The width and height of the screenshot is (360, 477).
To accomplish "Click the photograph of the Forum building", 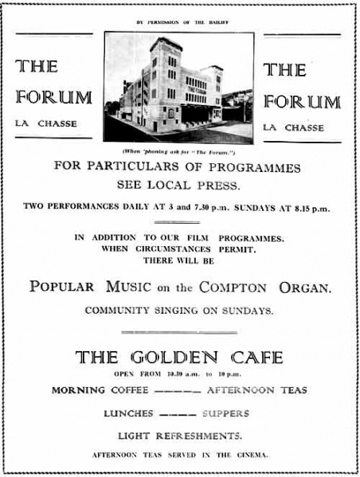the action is (179, 88).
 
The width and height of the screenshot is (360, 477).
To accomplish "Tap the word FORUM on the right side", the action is (302, 101).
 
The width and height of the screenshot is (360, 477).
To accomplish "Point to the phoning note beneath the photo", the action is (180, 151).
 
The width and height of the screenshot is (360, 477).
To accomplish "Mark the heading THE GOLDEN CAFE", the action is (179, 357).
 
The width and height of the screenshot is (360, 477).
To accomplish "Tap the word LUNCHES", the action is (127, 413).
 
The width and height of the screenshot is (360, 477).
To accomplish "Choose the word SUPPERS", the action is (225, 413).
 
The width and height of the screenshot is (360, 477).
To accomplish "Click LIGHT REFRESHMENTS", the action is (179, 436).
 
